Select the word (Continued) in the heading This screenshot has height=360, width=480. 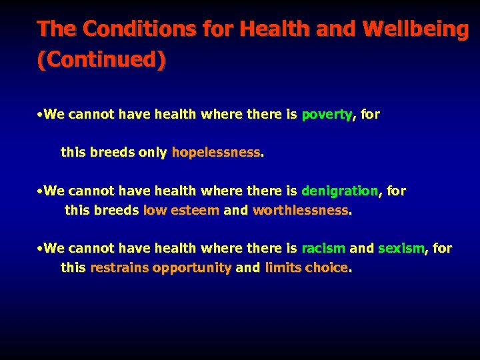(x=101, y=60)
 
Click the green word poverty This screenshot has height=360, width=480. (x=327, y=115)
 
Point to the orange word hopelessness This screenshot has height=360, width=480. (x=216, y=152)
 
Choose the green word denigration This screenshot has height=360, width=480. (x=339, y=191)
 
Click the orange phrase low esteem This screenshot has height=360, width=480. (x=181, y=211)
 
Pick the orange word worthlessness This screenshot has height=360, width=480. (x=300, y=211)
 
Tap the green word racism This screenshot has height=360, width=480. (x=323, y=249)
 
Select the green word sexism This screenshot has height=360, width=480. (x=401, y=249)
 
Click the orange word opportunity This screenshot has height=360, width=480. (x=192, y=268)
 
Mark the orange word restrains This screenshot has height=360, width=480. (x=119, y=268)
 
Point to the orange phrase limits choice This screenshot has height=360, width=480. (x=306, y=268)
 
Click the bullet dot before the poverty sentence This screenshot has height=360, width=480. (x=41, y=115)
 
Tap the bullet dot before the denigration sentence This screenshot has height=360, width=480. (x=41, y=191)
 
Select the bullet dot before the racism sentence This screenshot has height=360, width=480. (x=41, y=249)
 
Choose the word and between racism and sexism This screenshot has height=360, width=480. (x=361, y=249)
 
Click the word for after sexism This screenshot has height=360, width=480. (x=442, y=249)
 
